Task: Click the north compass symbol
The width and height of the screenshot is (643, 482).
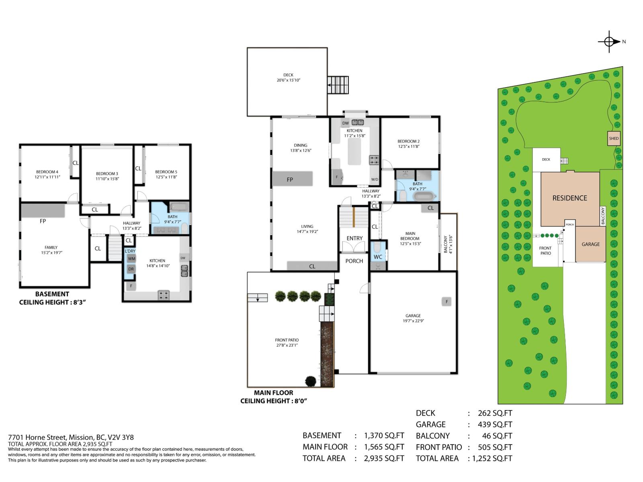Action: point(609,41)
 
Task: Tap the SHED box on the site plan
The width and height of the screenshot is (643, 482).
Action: point(614,139)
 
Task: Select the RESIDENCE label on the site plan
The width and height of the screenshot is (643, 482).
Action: point(569,198)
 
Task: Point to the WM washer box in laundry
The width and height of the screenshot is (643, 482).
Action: point(131,259)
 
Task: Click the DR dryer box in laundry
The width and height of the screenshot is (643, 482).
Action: point(131,269)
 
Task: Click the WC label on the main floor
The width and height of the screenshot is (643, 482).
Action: point(378,257)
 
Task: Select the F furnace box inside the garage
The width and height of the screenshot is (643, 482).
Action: point(446,301)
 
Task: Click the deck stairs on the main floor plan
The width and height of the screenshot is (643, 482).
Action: point(338,85)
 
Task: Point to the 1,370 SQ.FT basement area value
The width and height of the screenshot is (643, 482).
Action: point(384,435)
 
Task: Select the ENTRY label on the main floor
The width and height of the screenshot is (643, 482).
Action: point(354,238)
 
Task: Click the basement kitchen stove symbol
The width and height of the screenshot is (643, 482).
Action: point(164,295)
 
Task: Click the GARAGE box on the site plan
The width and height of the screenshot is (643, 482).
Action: point(590,244)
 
